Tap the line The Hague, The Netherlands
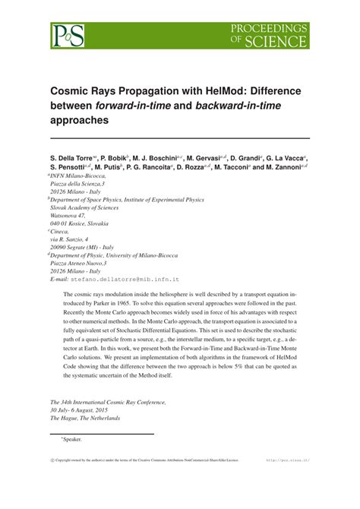click(85, 418)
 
